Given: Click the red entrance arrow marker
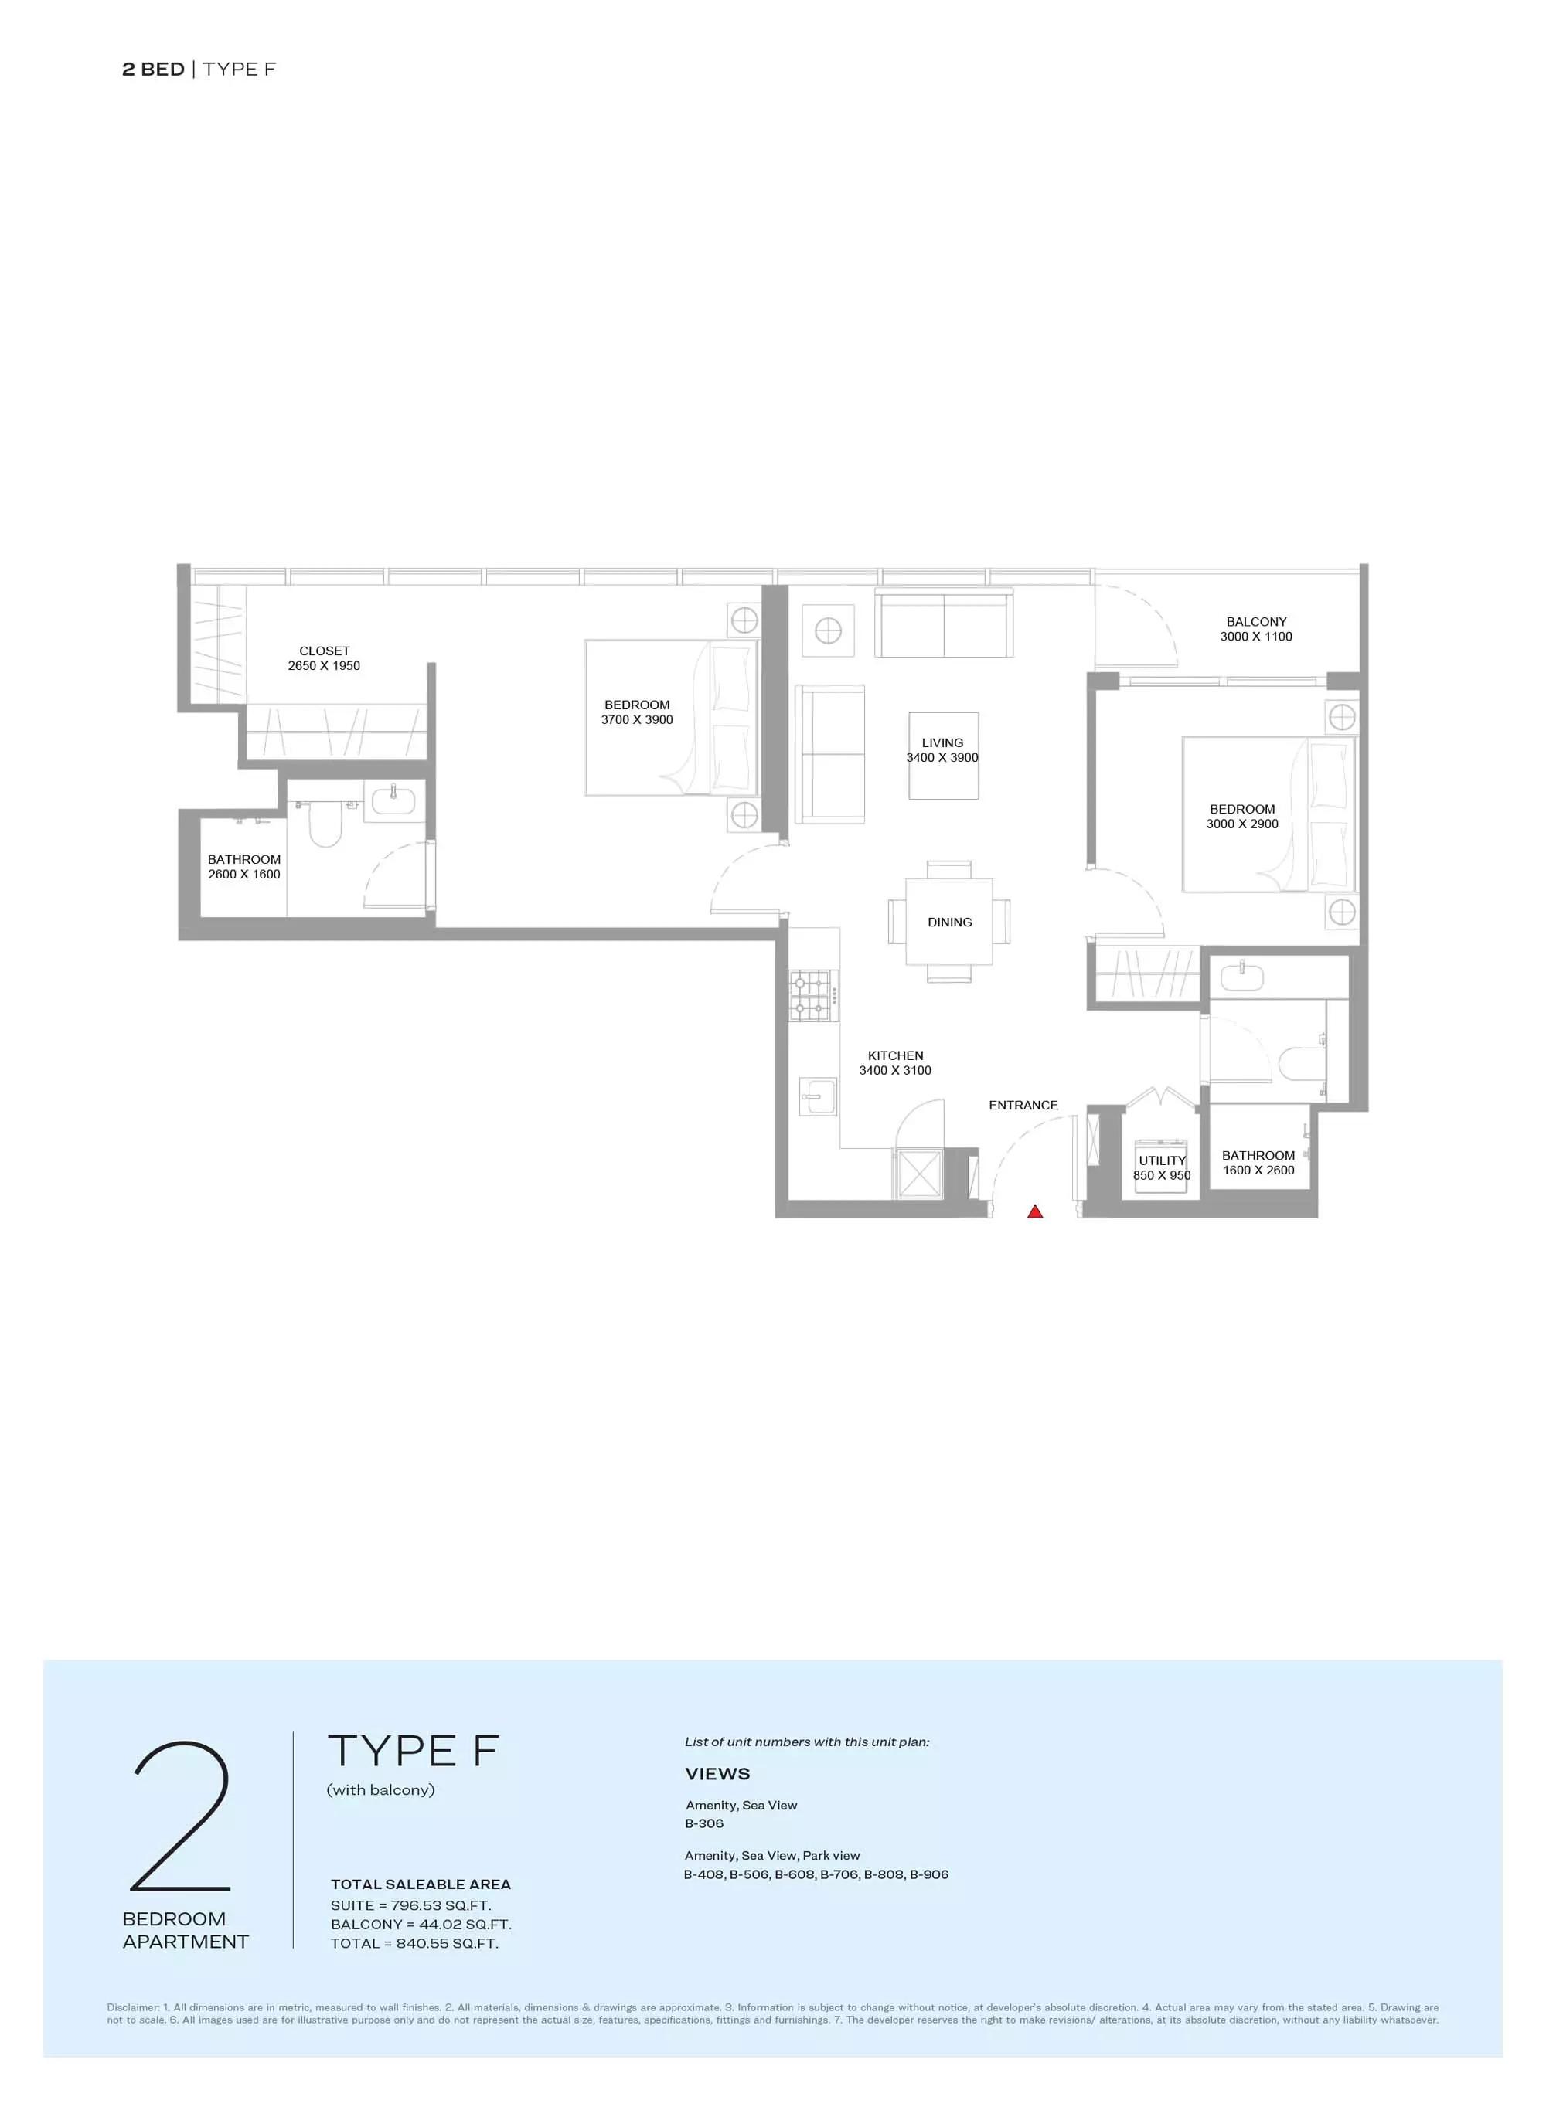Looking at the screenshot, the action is (x=1035, y=1211).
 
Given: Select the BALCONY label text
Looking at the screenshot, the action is (x=1256, y=621).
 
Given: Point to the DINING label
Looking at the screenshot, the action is (x=950, y=922).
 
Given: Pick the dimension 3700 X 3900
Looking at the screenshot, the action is (x=637, y=719).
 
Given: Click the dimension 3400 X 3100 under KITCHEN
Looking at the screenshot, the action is (x=896, y=1070).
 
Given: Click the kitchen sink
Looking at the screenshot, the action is (x=819, y=1096).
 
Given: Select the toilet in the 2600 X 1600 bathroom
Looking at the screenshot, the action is (x=325, y=823).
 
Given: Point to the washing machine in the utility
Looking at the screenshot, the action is (x=1161, y=1166).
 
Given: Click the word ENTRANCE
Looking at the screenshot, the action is (x=1023, y=1105).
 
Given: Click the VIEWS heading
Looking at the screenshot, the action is (x=718, y=1774).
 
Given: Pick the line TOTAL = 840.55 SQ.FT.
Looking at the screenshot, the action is (x=414, y=1943).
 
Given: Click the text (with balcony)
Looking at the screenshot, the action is (x=381, y=1789).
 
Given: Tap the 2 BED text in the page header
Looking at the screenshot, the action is (x=154, y=70).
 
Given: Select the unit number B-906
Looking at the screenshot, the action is (x=929, y=1874).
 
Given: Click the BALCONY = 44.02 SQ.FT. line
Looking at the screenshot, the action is (x=421, y=1925).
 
